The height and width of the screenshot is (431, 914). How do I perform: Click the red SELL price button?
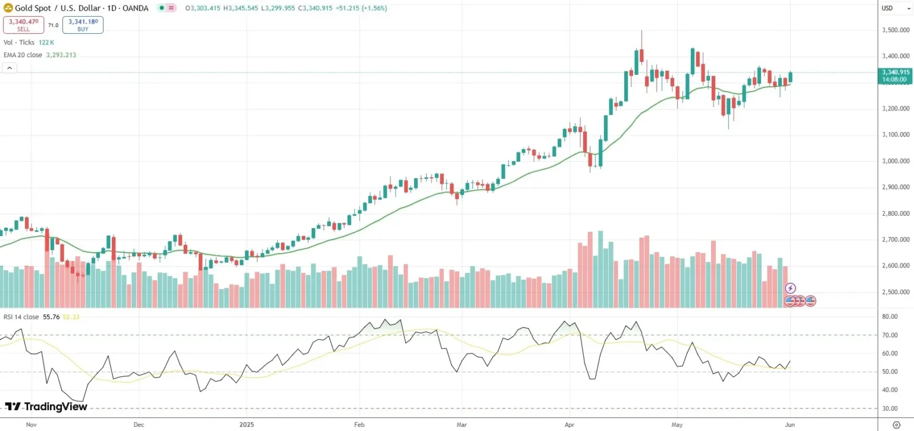(23, 24)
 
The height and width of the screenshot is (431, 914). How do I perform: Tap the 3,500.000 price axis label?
(896, 30)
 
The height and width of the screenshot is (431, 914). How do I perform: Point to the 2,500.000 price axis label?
(896, 292)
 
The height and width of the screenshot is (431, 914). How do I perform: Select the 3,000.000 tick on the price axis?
(896, 161)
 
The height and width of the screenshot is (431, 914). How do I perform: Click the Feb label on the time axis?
(359, 424)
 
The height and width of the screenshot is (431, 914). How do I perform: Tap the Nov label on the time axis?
(32, 424)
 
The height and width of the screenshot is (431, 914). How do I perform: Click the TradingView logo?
(46, 407)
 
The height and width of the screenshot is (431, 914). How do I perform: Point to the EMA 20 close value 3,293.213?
(61, 55)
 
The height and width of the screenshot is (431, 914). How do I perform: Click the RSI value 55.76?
(51, 317)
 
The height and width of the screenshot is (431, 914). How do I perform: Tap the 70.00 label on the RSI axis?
(890, 335)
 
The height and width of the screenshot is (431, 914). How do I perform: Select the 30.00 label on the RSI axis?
(890, 408)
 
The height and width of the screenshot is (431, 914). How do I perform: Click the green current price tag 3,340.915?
(896, 72)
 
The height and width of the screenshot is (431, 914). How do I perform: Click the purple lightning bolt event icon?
(791, 288)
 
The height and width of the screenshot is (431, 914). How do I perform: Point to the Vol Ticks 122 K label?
(29, 42)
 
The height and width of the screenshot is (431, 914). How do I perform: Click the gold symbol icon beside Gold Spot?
(8, 8)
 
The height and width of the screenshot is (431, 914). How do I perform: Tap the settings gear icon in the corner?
(896, 424)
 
